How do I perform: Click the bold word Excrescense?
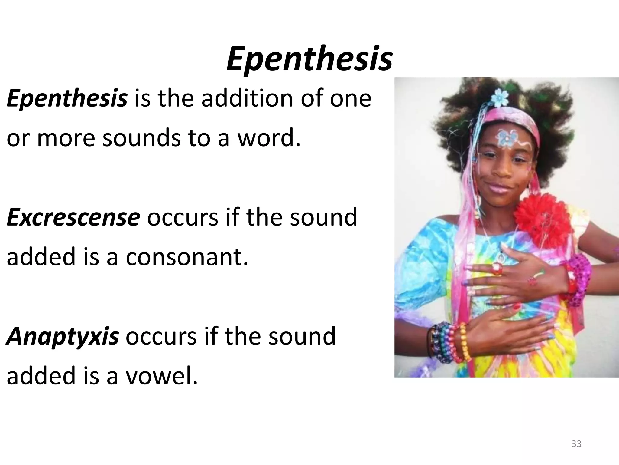[x=73, y=218]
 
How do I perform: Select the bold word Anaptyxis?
[x=63, y=336]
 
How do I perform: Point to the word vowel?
[x=161, y=376]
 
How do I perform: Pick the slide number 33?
[x=576, y=444]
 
